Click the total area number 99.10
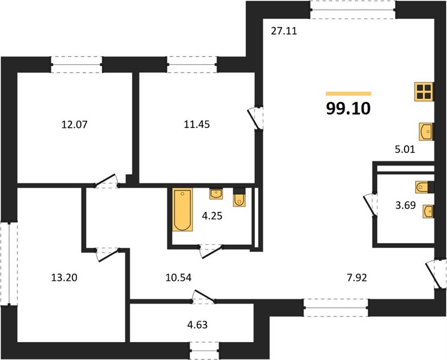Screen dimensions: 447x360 click(x=349, y=109)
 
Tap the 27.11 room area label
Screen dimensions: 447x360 click(x=284, y=31)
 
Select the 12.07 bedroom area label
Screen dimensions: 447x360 click(x=74, y=125)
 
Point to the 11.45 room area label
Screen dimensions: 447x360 click(x=197, y=124)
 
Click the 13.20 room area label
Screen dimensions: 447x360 click(x=64, y=277)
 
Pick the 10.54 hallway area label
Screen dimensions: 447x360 click(x=178, y=277)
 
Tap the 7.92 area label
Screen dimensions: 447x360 click(x=357, y=277)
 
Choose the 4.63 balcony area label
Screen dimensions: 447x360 click(x=197, y=325)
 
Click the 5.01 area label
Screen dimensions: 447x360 click(x=405, y=149)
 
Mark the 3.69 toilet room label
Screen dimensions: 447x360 click(x=406, y=205)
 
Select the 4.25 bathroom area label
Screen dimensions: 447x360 click(x=212, y=216)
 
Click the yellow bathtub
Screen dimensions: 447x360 click(x=182, y=209)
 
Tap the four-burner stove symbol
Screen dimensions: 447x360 click(x=424, y=92)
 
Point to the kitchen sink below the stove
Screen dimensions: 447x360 click(x=426, y=131)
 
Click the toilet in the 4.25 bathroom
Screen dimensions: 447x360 click(x=239, y=197)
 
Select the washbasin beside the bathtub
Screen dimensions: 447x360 click(x=216, y=194)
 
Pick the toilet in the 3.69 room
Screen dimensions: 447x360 click(x=424, y=187)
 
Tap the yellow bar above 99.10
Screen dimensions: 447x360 click(x=349, y=94)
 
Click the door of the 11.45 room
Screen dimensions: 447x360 click(x=256, y=118)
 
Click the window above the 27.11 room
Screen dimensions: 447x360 click(x=353, y=10)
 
